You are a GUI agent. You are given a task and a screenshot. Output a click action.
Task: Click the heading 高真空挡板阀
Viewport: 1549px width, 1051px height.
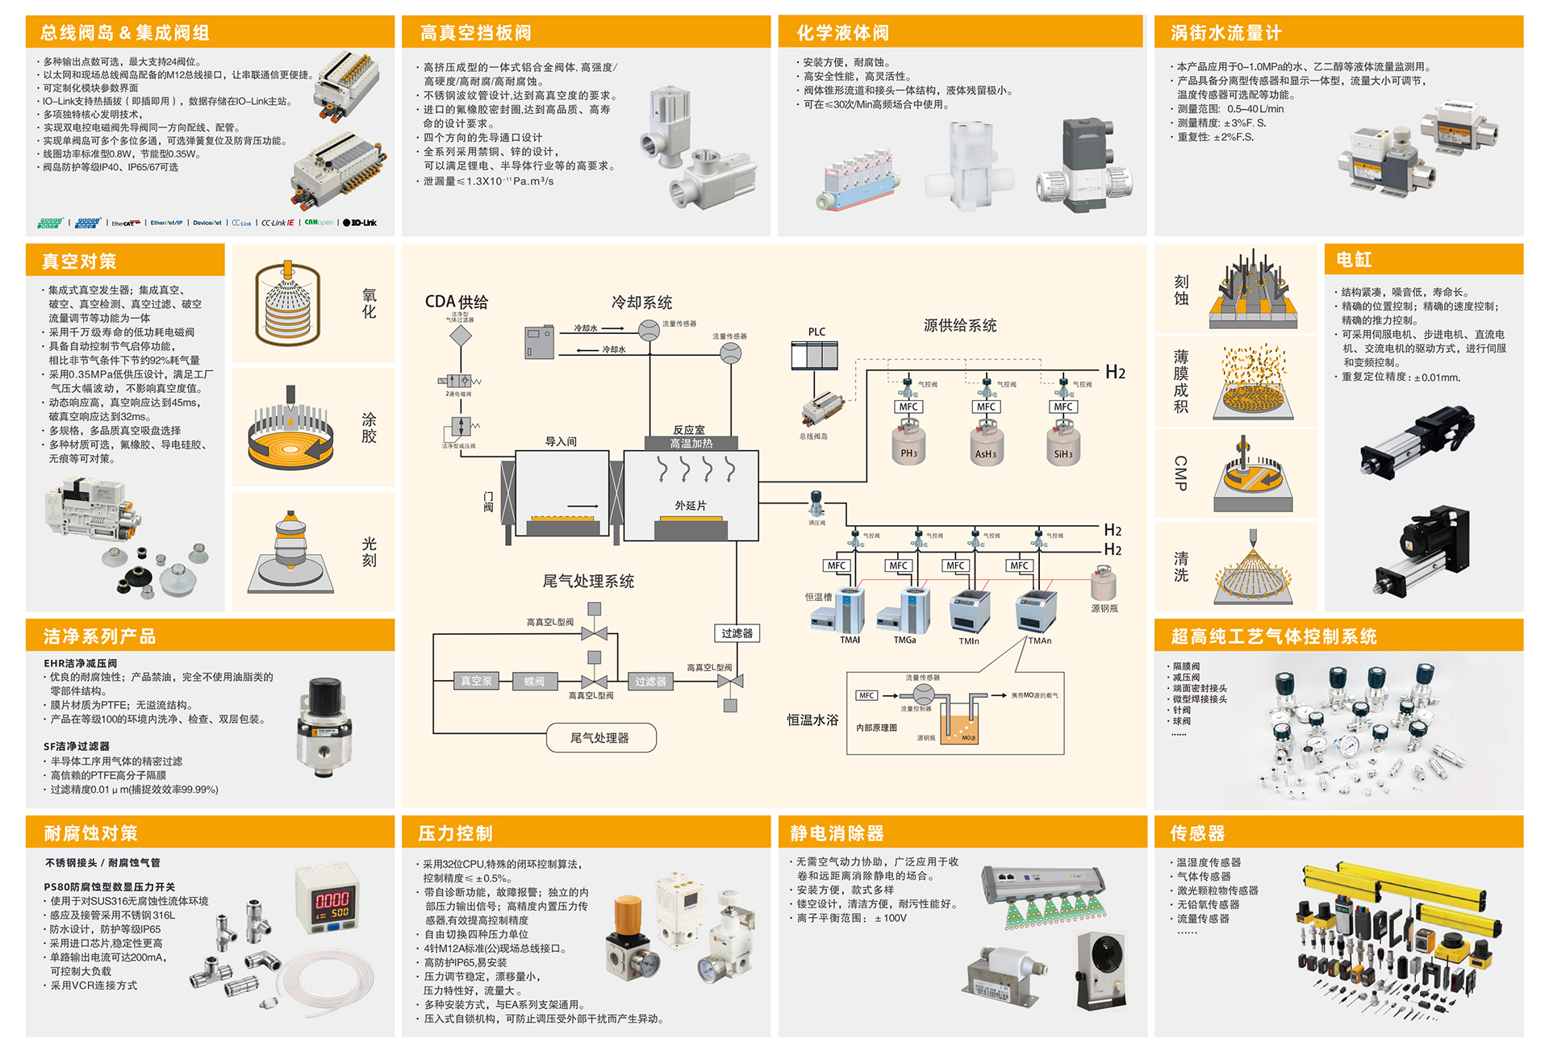coord(476,33)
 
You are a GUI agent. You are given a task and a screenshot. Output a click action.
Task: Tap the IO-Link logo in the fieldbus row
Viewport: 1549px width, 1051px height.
coord(361,223)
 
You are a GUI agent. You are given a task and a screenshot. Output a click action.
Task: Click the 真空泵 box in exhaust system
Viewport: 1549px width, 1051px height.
coord(476,682)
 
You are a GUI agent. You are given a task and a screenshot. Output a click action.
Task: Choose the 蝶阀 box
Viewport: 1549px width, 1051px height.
coord(534,682)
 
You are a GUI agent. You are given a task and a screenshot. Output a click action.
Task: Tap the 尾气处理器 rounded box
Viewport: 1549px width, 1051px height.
coord(600,738)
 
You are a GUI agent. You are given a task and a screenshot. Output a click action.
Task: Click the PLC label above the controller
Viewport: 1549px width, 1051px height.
coord(816,332)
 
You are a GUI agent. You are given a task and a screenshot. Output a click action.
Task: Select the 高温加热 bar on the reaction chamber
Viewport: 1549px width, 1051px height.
coord(691,444)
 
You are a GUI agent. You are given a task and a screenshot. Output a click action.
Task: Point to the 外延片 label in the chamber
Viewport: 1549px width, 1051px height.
coord(691,506)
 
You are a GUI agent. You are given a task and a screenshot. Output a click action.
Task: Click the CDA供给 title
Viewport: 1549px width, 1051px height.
coord(457,302)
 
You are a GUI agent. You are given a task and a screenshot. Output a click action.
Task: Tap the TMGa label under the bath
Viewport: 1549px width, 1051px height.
coord(904,640)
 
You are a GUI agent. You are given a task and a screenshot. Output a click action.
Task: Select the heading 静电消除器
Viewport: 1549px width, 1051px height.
coord(837,833)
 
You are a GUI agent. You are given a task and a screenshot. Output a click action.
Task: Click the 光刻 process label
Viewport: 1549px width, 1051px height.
coord(370,552)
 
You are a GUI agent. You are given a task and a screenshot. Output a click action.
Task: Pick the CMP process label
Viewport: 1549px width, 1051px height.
coord(1180,473)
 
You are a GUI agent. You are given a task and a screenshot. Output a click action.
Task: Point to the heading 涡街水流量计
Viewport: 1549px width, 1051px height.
coord(1225,33)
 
